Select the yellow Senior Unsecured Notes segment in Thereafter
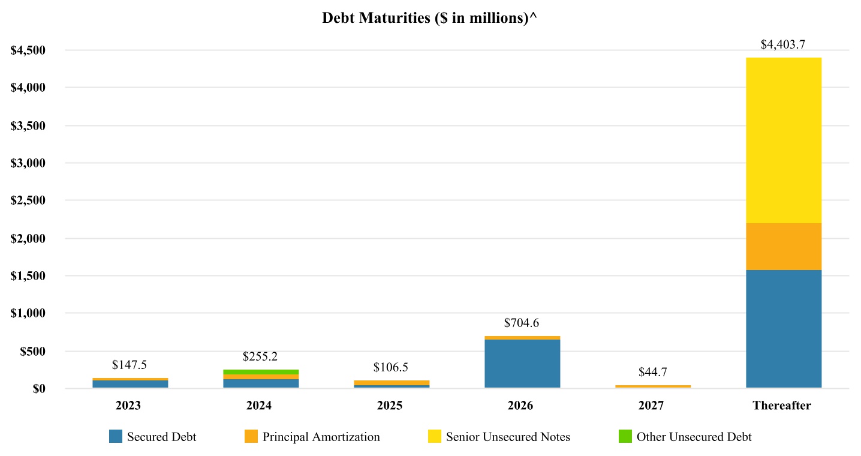coord(783,140)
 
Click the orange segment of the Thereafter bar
coord(783,247)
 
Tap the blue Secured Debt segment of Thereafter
coord(783,329)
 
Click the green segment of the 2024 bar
coord(261,372)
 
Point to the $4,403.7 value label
coord(782,44)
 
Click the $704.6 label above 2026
coord(522,323)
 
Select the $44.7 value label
coord(652,372)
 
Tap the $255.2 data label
coord(260,356)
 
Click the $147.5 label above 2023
coord(130,365)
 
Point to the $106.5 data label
coord(390,367)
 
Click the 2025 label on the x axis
coord(390,406)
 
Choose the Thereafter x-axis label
coord(782,406)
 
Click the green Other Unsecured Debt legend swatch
coord(625,436)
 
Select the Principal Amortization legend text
coord(321,437)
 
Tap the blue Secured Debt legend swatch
coord(116,436)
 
